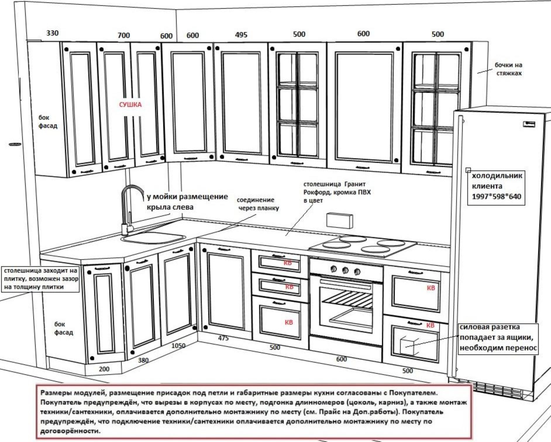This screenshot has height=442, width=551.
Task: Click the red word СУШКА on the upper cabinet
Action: point(130,105)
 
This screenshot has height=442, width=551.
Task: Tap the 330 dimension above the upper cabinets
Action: point(52,33)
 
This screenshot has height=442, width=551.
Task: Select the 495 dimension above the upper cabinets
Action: point(241,35)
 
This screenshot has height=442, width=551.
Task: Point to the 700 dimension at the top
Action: point(123,35)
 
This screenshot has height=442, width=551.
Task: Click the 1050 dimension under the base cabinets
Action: point(178,346)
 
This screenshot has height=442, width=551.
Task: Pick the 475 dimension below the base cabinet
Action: point(223,338)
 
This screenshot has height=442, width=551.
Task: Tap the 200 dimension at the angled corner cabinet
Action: point(104,369)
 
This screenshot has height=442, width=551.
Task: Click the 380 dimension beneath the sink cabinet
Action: point(143,360)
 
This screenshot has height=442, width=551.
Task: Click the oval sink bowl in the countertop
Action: point(154,238)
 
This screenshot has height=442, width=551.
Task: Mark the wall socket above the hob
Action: point(340,220)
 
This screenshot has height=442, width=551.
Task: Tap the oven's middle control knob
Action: point(345,270)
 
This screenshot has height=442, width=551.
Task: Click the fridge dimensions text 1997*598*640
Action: point(496,196)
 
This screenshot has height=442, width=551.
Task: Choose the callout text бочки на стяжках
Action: point(508,69)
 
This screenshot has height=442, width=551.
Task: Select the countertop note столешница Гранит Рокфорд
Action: point(336,192)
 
